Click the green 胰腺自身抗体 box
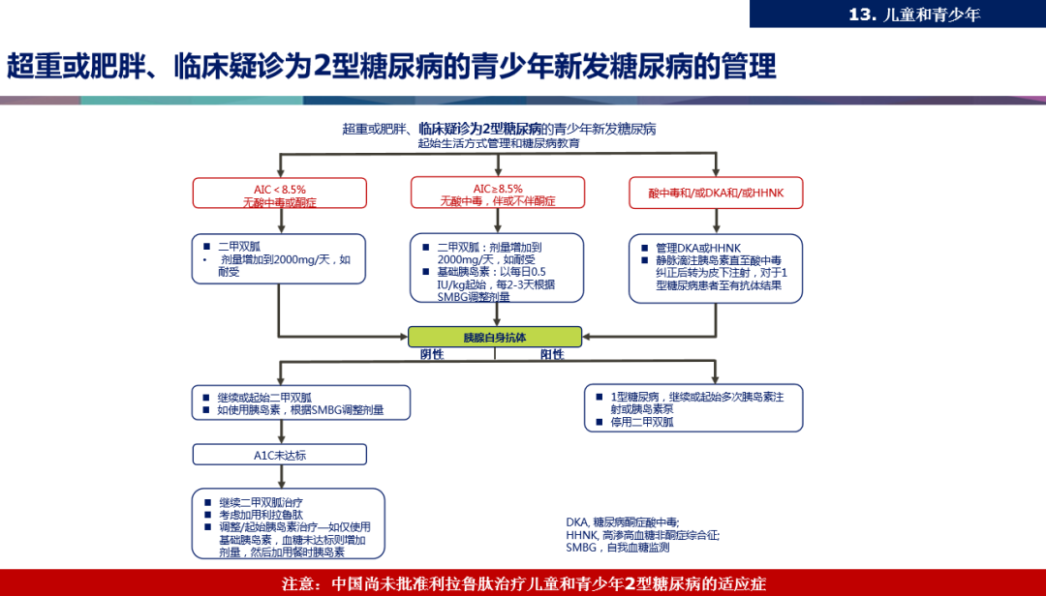click(495, 337)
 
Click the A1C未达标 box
click(280, 455)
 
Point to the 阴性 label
click(432, 354)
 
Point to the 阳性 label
click(552, 354)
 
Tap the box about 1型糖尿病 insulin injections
click(694, 408)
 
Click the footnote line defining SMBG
click(618, 548)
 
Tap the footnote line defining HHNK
click(643, 535)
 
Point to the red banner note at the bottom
click(523, 583)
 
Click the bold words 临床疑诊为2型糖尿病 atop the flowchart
click(479, 129)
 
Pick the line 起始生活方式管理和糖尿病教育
click(499, 143)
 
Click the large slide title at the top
click(392, 66)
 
